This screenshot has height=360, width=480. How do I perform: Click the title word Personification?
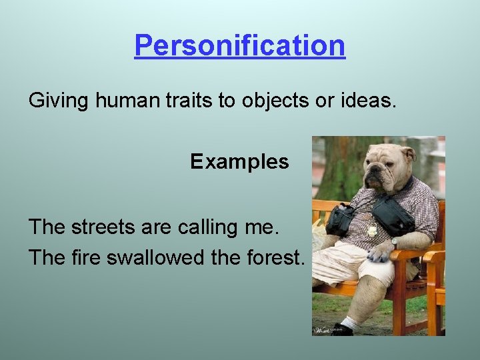point(239,45)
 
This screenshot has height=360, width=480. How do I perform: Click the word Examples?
point(239,161)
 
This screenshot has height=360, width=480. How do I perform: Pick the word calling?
point(211,227)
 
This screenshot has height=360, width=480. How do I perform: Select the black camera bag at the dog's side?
point(341,219)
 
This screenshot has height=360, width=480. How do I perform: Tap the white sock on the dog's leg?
point(349,323)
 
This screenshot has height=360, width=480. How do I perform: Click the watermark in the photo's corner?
point(327,330)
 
